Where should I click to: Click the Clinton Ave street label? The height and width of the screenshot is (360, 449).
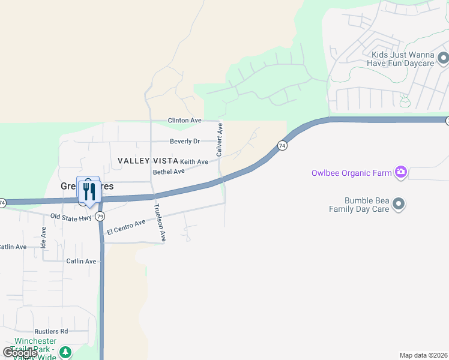[x=184, y=121]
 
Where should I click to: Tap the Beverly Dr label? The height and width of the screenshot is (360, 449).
[x=184, y=142]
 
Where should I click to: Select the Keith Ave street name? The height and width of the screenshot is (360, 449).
[x=194, y=162]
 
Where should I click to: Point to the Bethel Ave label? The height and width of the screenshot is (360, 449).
[x=169, y=172]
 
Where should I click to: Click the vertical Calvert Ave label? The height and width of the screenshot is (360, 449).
[x=220, y=140]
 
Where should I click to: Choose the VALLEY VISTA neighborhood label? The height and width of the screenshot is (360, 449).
[x=148, y=161]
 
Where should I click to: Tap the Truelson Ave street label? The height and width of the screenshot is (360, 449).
[x=159, y=223]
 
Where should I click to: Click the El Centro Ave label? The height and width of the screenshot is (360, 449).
[x=126, y=227]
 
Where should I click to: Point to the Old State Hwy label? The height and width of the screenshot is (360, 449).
[x=71, y=217]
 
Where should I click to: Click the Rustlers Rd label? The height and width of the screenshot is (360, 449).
[x=51, y=331]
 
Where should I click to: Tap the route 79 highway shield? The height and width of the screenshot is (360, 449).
[x=100, y=216]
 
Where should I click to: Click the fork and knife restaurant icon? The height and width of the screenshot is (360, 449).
[x=89, y=191]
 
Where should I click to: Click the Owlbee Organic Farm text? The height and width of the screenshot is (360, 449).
[x=351, y=173]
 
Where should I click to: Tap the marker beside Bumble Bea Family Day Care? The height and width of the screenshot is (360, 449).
[x=399, y=205]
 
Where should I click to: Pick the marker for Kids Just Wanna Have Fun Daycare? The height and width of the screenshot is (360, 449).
[x=443, y=59]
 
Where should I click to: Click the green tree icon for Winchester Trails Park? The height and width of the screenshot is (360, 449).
[x=65, y=352]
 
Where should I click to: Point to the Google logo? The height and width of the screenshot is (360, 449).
[x=20, y=353]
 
